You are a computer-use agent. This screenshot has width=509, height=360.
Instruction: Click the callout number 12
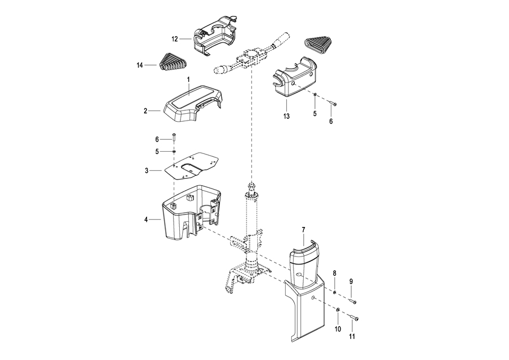[x=175, y=39]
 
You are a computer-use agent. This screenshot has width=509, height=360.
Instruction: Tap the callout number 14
[x=140, y=65]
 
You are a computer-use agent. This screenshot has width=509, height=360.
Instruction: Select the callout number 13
[x=286, y=116]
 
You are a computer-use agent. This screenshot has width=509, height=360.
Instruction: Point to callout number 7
[x=304, y=230]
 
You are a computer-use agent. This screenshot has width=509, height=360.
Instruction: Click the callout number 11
[x=352, y=336]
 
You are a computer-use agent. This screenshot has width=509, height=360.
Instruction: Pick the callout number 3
[x=146, y=170]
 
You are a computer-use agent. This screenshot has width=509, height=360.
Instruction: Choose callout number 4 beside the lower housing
[x=146, y=220]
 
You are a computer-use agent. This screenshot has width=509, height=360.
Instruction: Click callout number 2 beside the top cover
[x=145, y=111]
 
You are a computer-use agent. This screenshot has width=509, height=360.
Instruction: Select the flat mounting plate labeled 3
[x=192, y=166]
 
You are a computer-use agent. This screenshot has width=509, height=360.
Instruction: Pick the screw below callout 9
[x=353, y=302]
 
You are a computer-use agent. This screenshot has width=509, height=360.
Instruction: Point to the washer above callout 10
[x=338, y=310]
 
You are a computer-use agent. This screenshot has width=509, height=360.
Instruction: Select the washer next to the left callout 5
[x=174, y=151]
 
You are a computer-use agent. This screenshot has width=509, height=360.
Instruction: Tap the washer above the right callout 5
[x=315, y=95]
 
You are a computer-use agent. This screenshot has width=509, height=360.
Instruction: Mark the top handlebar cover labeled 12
[x=215, y=39]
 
